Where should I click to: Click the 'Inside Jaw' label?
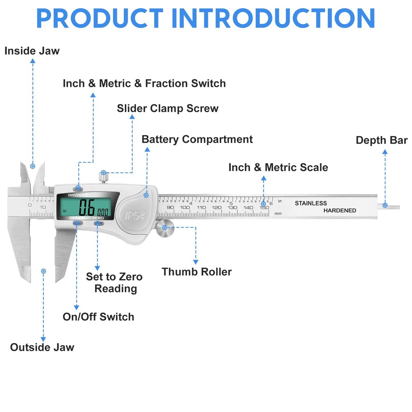pyautogui.click(x=32, y=51)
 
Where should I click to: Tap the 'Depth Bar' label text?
pyautogui.click(x=382, y=140)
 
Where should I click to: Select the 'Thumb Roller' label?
pyautogui.click(x=197, y=272)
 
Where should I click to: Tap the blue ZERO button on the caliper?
pyautogui.click(x=98, y=223)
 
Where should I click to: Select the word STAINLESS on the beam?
pyautogui.click(x=311, y=203)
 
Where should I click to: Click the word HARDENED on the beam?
pyautogui.click(x=339, y=211)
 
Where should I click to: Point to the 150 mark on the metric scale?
pyautogui.click(x=264, y=208)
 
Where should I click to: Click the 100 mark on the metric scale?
pyautogui.click(x=185, y=208)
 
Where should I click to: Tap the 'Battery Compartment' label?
pyautogui.click(x=197, y=139)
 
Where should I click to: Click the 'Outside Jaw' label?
pyautogui.click(x=42, y=347)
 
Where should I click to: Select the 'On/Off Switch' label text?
pyautogui.click(x=98, y=317)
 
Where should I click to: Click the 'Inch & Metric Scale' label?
pyautogui.click(x=278, y=168)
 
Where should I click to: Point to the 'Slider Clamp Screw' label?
pyautogui.click(x=167, y=109)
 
